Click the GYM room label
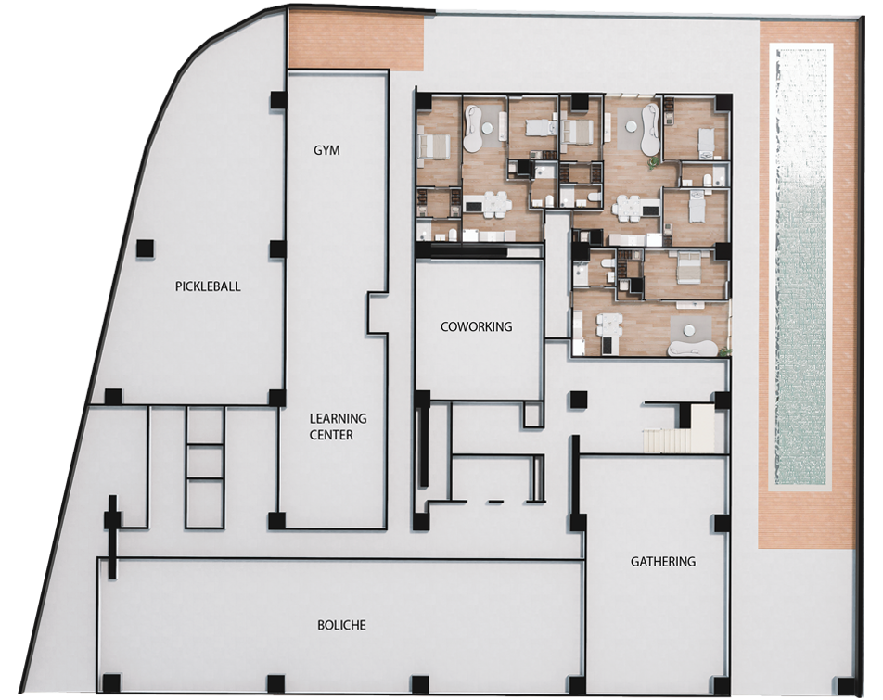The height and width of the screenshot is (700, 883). [326, 150]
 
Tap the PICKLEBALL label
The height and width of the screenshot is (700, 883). [208, 286]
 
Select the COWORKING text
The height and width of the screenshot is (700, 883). [477, 326]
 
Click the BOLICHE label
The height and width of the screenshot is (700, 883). [342, 625]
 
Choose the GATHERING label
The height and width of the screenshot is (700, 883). [663, 561]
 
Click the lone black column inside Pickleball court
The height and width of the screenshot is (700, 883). [146, 248]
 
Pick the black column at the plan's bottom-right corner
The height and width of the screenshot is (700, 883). [845, 686]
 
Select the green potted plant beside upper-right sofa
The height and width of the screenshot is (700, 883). [653, 162]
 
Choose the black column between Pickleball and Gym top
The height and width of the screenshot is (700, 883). [277, 99]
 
